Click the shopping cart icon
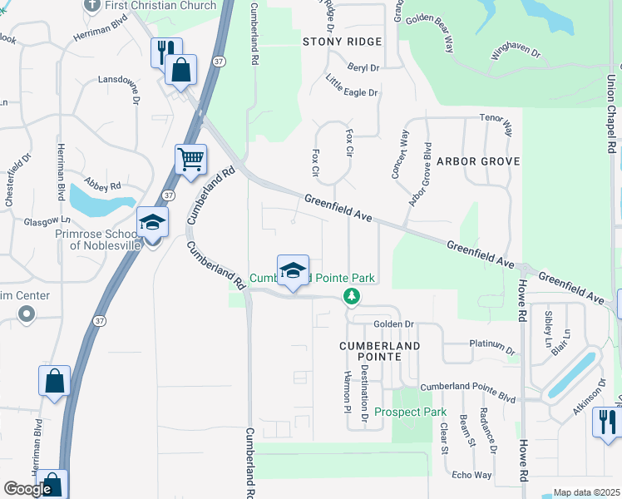[191, 159]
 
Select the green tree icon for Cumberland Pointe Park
[353, 296]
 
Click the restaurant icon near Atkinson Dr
[605, 422]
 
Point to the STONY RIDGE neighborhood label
[342, 42]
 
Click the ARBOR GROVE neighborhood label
[478, 161]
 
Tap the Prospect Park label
[410, 412]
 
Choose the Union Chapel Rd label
[610, 113]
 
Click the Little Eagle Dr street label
[352, 86]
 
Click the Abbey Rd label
[104, 187]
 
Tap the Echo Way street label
[471, 475]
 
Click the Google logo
[27, 489]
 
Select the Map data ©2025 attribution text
[586, 492]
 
